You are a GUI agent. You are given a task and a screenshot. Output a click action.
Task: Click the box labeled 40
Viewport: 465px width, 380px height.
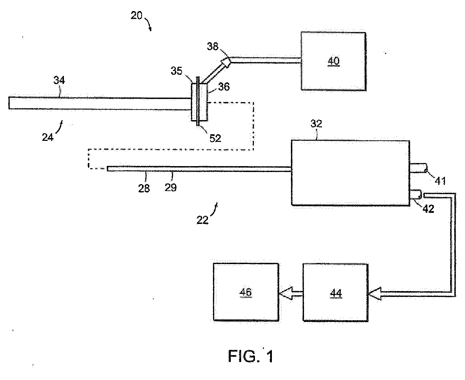tap(333, 61)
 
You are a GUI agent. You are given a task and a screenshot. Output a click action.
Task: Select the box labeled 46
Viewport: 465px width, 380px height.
tap(246, 292)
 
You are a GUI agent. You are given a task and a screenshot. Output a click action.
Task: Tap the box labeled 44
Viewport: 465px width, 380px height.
tap(335, 292)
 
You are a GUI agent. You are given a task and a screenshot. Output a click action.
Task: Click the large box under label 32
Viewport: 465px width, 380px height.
tap(350, 173)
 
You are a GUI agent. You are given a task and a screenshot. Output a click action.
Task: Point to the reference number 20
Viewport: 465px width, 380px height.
tap(136, 16)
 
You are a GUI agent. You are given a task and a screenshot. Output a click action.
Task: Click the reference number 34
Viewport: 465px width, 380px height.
tap(59, 80)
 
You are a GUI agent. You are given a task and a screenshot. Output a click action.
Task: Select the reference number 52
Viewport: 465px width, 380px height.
tap(215, 138)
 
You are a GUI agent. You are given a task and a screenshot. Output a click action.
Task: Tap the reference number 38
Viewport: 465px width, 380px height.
tap(212, 46)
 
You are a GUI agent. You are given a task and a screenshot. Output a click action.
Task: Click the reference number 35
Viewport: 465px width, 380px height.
tap(177, 71)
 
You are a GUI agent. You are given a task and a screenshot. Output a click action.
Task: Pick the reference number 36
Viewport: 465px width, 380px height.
tap(224, 87)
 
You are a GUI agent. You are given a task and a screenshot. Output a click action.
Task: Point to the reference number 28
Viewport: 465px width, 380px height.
tap(144, 189)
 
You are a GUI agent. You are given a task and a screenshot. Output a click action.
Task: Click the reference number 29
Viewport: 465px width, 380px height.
tap(171, 188)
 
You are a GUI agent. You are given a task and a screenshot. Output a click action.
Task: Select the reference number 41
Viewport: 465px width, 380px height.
tap(440, 181)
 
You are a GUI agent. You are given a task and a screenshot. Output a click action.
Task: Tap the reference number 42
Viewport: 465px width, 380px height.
tap(428, 209)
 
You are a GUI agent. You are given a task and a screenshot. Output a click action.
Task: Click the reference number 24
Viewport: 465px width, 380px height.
tap(48, 137)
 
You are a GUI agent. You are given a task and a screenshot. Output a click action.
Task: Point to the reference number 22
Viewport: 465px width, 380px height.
tap(202, 220)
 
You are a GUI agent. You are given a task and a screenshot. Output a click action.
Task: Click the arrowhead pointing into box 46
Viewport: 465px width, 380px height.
tap(286, 293)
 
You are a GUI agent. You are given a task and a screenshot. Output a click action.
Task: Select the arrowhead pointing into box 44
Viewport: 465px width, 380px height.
tap(374, 293)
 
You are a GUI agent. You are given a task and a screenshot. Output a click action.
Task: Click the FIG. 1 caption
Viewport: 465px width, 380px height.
tap(251, 356)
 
